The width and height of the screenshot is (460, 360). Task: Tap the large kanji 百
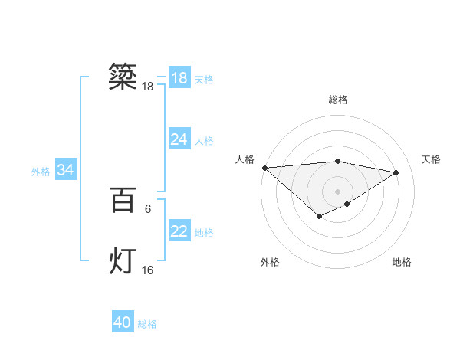click(x=123, y=201)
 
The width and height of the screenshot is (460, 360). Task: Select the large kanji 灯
click(x=123, y=260)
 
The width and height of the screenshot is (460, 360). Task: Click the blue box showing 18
click(x=179, y=78)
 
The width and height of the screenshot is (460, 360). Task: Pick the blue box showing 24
click(x=179, y=139)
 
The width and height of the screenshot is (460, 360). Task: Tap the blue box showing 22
click(x=179, y=231)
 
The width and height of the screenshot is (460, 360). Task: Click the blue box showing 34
click(x=66, y=171)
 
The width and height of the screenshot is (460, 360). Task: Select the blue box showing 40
click(x=123, y=322)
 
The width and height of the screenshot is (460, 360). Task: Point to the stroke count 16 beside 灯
click(x=148, y=270)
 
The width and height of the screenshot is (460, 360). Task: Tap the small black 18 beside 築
click(x=148, y=87)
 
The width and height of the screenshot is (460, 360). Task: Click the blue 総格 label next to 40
click(x=147, y=324)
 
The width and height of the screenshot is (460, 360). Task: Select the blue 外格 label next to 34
click(x=41, y=172)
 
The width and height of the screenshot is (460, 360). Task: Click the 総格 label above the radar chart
click(x=338, y=100)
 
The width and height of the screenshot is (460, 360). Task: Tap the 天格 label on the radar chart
click(x=432, y=159)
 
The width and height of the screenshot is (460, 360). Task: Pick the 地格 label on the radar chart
click(x=402, y=262)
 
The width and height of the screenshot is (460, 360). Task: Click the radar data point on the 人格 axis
click(x=264, y=168)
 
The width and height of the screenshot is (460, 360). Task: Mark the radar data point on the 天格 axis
click(x=396, y=172)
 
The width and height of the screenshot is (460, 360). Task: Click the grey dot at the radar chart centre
click(x=337, y=191)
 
